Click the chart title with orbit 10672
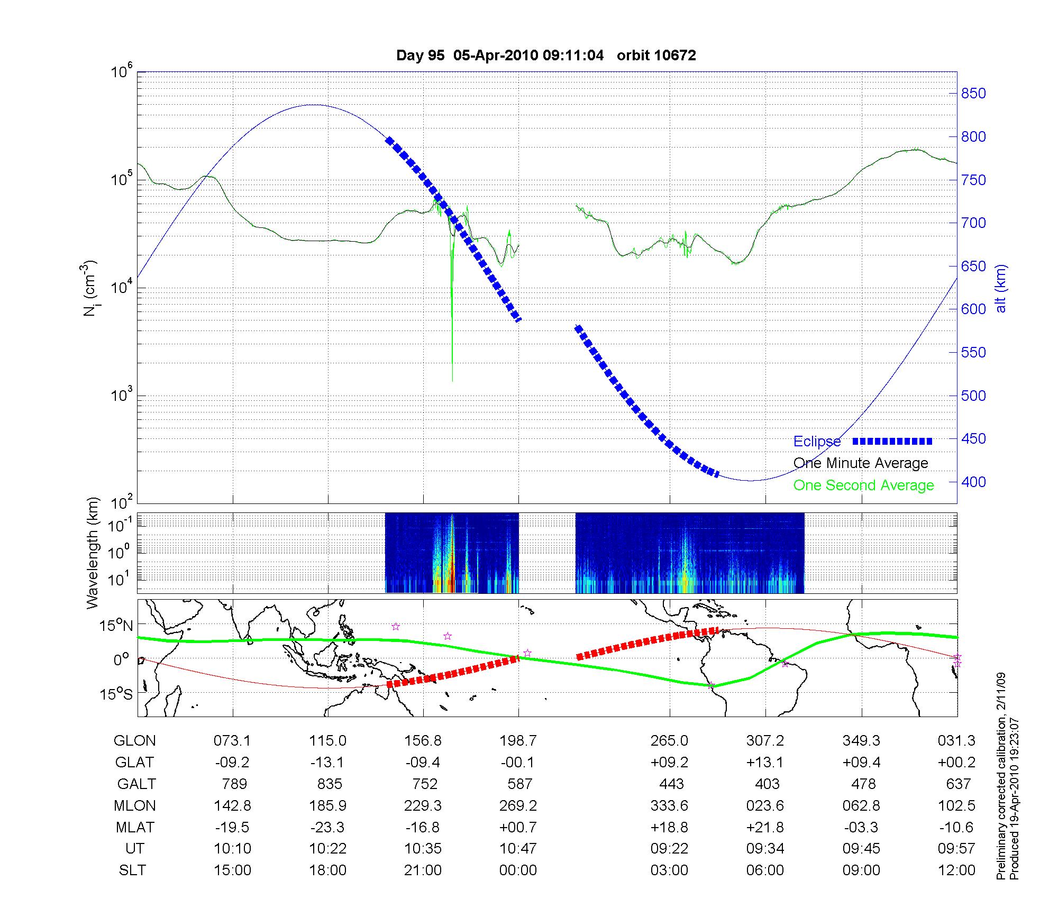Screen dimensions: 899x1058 545,55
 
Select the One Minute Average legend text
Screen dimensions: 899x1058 861,463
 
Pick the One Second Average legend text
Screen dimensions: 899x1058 863,485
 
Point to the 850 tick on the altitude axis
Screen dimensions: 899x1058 973,94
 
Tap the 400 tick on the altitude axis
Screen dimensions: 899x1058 973,482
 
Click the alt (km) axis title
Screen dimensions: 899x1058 1001,288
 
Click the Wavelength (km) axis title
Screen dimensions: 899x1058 93,553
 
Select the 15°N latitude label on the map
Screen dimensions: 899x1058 116,626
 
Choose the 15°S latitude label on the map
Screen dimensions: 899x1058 116,694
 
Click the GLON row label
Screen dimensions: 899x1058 134,741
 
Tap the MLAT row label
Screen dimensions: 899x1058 134,827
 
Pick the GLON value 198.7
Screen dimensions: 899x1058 518,741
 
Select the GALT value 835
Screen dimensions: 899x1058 329,784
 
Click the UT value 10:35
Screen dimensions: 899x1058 423,849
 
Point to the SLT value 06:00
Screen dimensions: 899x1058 765,870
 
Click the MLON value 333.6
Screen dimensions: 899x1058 669,805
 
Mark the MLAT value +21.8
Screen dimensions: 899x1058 765,827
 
